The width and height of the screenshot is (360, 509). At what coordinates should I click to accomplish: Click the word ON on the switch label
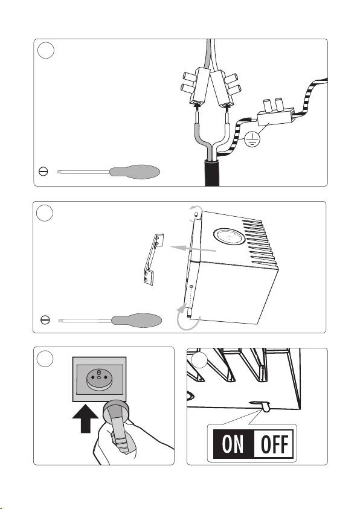tap(233, 444)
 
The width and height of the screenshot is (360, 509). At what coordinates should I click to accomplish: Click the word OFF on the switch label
tap(274, 444)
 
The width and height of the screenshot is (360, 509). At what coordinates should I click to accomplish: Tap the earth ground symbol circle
tap(252, 139)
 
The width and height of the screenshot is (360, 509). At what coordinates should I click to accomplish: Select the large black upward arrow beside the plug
tap(85, 419)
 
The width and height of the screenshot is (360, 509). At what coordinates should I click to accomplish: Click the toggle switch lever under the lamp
tap(266, 406)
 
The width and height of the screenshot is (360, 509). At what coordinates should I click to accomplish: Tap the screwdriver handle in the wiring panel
tap(135, 171)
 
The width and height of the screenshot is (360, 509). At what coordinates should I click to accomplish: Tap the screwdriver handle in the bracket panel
tap(137, 321)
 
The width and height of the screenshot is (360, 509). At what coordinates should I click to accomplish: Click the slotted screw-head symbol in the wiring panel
tap(43, 171)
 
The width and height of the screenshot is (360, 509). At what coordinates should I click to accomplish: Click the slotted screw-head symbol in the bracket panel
tap(45, 320)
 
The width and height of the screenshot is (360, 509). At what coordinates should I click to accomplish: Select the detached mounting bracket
tap(153, 260)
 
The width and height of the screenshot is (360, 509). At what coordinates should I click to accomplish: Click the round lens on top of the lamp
tap(229, 236)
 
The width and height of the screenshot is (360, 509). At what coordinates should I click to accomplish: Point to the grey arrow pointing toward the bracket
tap(193, 249)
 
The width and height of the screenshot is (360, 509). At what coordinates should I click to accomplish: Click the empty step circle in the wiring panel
tap(46, 50)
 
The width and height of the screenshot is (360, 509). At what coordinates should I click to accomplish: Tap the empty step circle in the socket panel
tap(45, 359)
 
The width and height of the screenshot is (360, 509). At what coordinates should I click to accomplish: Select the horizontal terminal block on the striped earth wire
tap(276, 114)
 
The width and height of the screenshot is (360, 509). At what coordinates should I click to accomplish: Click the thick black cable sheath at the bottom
tap(212, 173)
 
